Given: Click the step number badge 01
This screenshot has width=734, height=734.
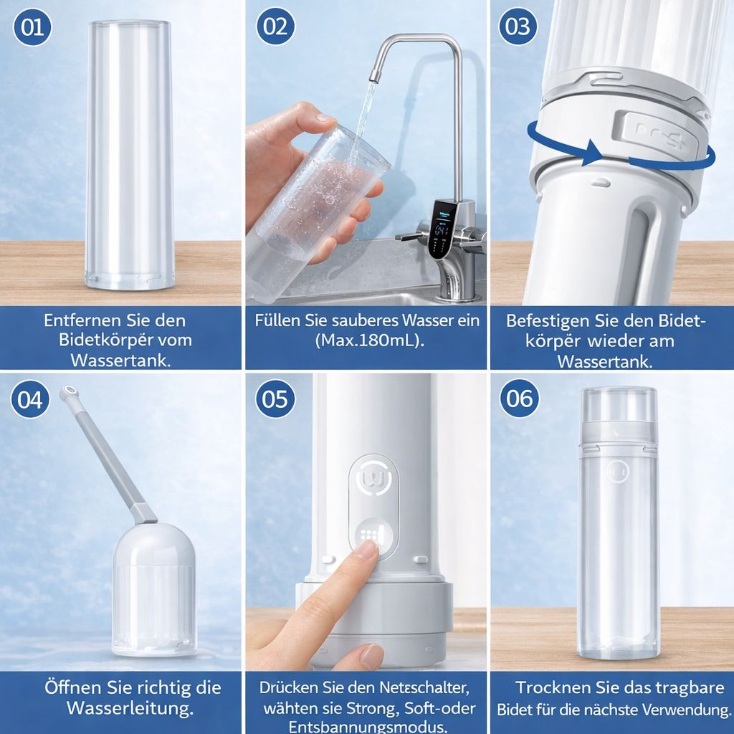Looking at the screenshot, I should (32, 27).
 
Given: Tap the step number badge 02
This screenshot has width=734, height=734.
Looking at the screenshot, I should (275, 27).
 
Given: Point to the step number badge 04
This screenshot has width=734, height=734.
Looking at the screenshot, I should (30, 399).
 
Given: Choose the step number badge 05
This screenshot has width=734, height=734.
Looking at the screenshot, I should (275, 399).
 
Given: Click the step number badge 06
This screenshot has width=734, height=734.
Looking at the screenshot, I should (519, 398).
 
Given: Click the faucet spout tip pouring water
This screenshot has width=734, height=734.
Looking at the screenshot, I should (373, 75).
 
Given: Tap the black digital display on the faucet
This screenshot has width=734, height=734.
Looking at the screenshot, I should (440, 228).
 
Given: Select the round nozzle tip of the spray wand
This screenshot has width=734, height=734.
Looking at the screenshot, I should (68, 392).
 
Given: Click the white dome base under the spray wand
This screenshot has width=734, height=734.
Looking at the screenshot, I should (153, 588).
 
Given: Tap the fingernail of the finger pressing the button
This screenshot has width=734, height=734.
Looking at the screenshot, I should (367, 550).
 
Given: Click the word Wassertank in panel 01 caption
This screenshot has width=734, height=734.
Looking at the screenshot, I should (120, 359).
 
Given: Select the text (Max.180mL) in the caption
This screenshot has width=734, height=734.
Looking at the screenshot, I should (369, 340).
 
